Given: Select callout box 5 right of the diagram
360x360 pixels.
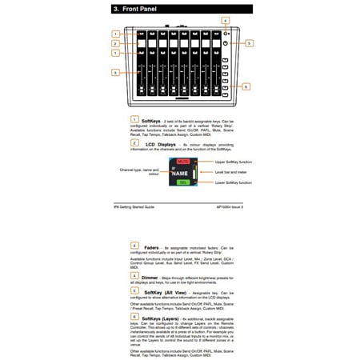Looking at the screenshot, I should click(249, 43).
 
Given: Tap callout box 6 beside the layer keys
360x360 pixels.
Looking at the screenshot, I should click(246, 86).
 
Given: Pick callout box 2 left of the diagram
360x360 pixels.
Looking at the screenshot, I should click(115, 43).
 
